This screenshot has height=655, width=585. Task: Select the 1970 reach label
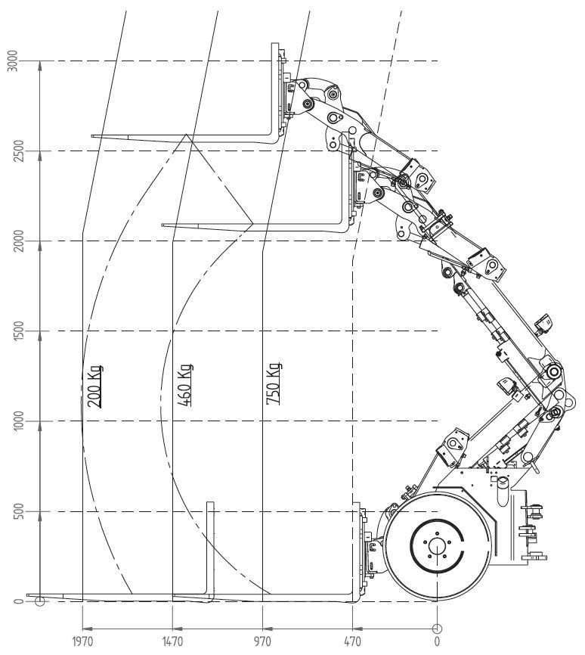click(x=82, y=641)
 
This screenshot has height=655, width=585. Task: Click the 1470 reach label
click(x=172, y=641)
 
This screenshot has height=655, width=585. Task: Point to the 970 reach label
click(x=262, y=641)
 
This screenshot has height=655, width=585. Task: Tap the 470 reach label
click(x=352, y=641)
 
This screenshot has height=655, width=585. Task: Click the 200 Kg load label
click(x=94, y=386)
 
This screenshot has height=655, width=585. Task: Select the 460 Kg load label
click(x=185, y=385)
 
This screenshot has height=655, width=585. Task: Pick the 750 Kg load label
click(x=274, y=383)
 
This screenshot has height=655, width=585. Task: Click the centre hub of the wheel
click(x=437, y=546)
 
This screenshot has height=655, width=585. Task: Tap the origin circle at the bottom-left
click(x=39, y=601)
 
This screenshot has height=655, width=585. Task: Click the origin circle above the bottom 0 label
click(x=437, y=629)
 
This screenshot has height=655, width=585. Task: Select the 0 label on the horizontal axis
click(x=437, y=641)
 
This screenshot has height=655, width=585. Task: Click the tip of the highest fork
click(x=92, y=135)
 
